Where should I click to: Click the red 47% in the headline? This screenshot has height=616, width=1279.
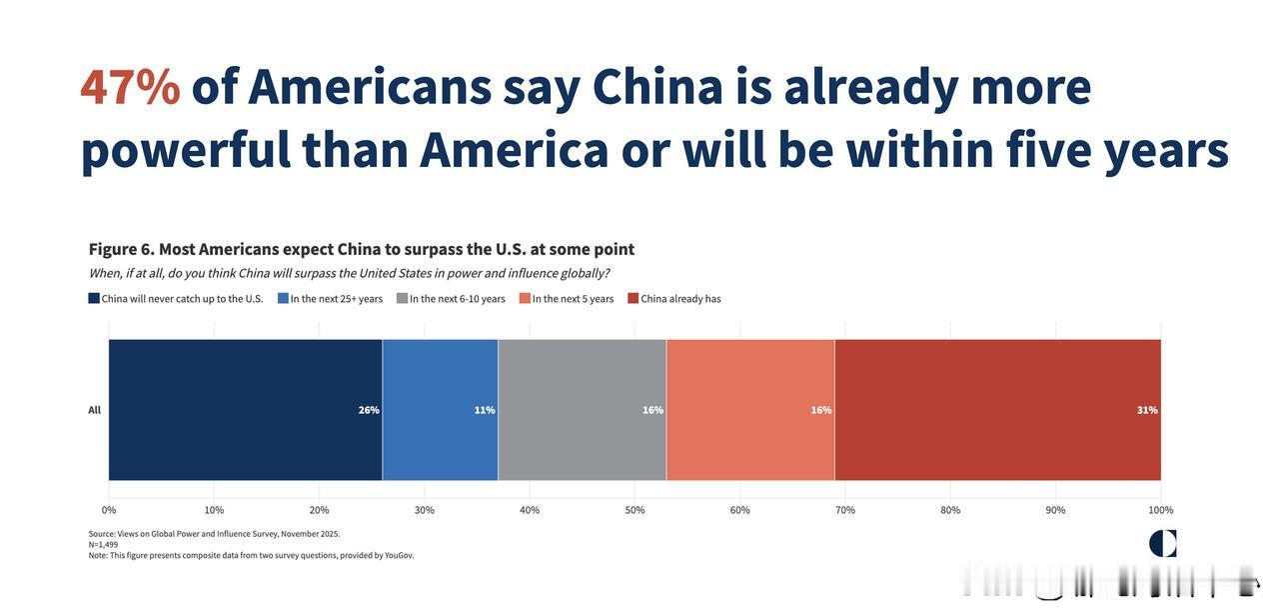tap(130, 87)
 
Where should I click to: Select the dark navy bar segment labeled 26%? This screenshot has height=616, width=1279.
tap(245, 410)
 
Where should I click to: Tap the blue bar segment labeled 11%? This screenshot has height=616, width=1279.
tap(440, 410)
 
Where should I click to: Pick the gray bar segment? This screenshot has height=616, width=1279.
tap(582, 410)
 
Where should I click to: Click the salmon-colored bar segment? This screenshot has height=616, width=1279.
tap(750, 410)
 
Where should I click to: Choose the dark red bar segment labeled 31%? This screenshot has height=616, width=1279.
tap(997, 410)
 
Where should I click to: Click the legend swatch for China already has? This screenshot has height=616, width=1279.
tap(634, 298)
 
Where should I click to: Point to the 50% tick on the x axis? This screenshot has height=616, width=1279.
tap(635, 510)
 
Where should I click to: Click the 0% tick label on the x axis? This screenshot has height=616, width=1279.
tap(109, 510)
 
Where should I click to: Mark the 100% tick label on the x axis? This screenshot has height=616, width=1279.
tap(1160, 510)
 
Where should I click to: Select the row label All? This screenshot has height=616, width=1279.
tap(94, 410)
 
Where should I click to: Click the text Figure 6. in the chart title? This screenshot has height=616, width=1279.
tap(120, 249)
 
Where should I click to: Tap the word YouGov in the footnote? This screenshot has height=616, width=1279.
tap(399, 556)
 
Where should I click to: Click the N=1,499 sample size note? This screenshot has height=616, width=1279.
tap(103, 545)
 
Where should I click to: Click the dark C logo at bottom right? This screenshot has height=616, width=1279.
tap(1163, 543)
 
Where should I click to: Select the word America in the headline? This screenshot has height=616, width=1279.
tap(514, 150)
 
